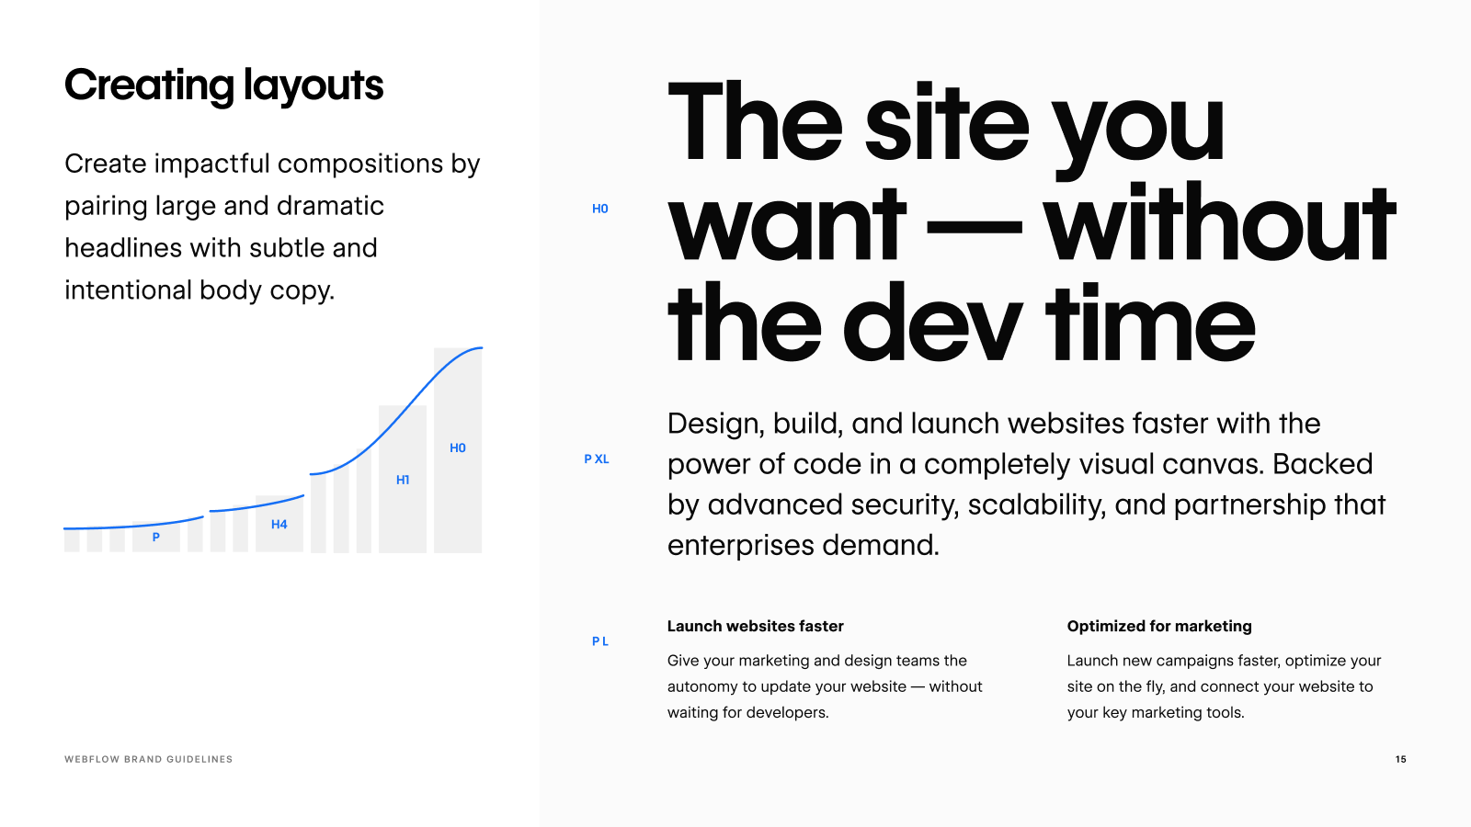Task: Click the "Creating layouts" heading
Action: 224,86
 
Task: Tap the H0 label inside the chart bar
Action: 458,447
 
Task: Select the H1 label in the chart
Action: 403,480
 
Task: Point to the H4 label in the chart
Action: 279,524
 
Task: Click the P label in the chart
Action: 155,537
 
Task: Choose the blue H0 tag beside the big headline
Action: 600,209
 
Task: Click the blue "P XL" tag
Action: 597,459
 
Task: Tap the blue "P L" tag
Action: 600,641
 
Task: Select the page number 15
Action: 1401,759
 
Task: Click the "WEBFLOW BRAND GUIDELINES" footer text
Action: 148,759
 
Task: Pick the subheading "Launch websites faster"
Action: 755,626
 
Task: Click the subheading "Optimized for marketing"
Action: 1159,626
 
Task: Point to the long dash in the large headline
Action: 974,226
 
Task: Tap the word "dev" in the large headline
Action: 932,323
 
